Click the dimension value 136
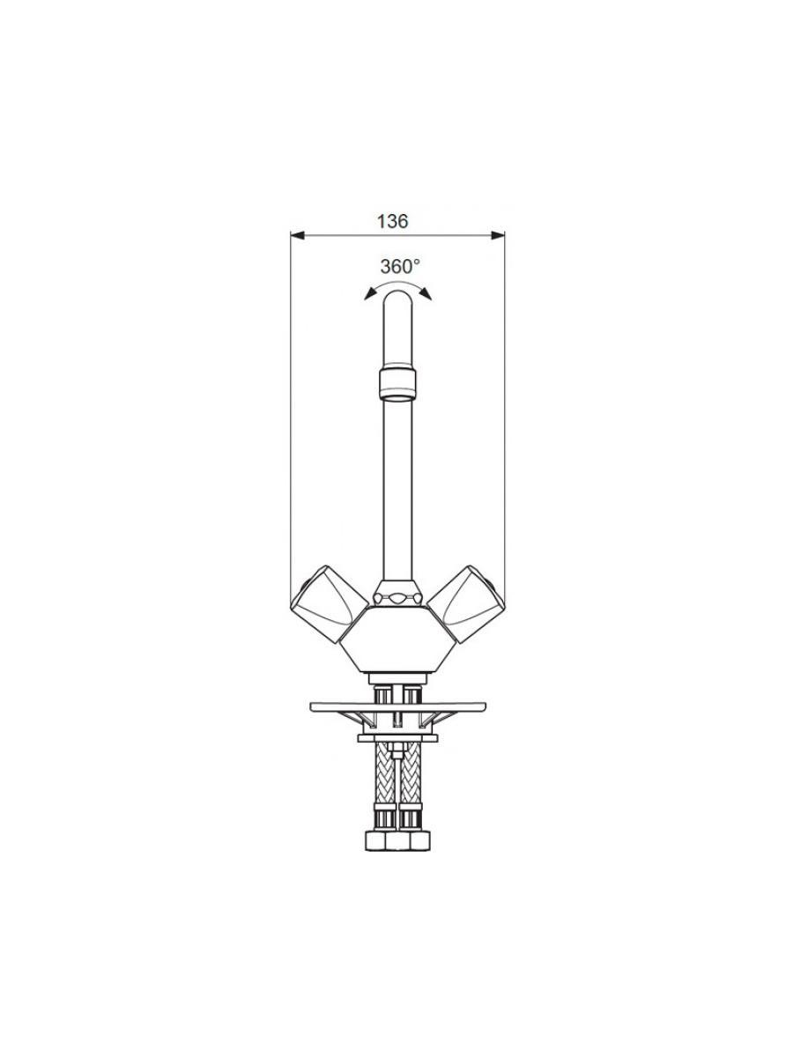[x=392, y=221]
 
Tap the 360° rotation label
[x=400, y=266]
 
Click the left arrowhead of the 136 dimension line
[x=298, y=235]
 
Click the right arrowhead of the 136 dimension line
[x=497, y=235]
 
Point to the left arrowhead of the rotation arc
[x=370, y=294]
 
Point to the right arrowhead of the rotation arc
[x=426, y=294]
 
